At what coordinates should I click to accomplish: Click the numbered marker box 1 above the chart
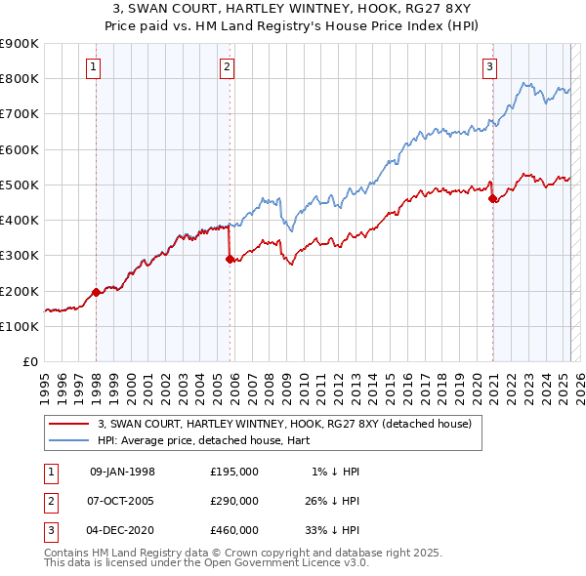pos(93,67)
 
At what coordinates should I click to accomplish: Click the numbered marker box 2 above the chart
pos(227,67)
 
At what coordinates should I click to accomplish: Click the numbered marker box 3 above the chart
pos(488,67)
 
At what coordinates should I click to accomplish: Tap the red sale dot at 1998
pos(96,292)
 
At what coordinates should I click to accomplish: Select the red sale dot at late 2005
pos(230,260)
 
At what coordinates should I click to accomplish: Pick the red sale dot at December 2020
pos(492,199)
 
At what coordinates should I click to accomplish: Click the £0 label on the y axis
pos(29,361)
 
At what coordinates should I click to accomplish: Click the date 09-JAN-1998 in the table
pos(122,472)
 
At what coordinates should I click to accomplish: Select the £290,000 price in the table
pos(233,501)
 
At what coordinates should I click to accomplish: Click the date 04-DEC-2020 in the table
pos(122,530)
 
